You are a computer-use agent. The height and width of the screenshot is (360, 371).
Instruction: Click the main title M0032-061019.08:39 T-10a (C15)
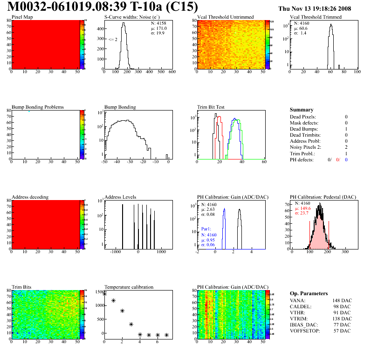103,7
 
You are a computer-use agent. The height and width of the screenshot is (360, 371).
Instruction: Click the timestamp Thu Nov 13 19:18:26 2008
314,8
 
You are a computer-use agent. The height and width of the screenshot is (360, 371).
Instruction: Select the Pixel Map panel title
22,17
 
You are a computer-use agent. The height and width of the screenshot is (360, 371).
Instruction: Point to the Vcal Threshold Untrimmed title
225,17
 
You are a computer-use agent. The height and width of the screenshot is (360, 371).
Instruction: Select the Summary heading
301,110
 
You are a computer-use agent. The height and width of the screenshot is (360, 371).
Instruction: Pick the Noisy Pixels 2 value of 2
346,147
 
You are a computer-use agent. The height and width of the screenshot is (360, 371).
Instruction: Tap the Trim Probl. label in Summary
302,153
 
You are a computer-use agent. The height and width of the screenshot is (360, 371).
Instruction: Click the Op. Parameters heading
309,293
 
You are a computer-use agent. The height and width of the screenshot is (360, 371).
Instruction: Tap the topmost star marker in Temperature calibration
104,294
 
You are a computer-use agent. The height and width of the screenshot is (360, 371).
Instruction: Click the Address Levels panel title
120,197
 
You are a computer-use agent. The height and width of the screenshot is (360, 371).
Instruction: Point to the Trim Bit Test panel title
211,107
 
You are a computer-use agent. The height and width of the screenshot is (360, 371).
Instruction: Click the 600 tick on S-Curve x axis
172,72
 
